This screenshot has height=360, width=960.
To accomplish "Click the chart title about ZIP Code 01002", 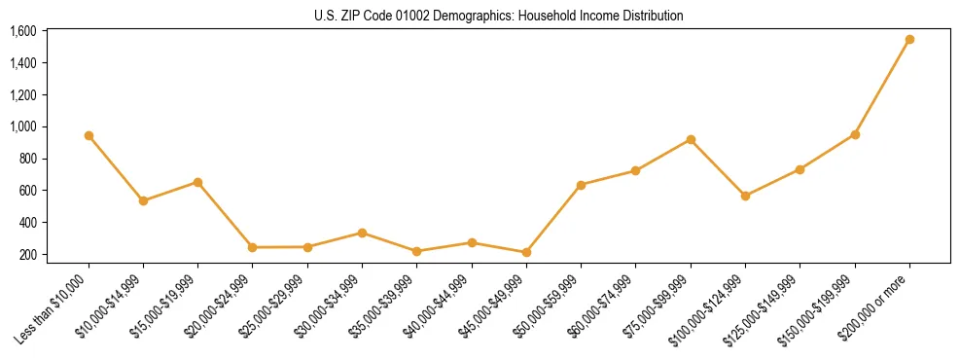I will pyautogui.click(x=499, y=16).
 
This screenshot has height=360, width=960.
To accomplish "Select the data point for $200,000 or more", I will pyautogui.click(x=909, y=40).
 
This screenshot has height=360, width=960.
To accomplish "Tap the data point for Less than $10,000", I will pyautogui.click(x=89, y=136).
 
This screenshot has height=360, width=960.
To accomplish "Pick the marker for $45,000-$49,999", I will pyautogui.click(x=526, y=253).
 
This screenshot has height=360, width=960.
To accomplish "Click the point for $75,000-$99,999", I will pyautogui.click(x=691, y=140).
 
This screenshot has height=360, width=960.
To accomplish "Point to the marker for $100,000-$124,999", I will pyautogui.click(x=745, y=197).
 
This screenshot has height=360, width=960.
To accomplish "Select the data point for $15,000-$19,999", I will pyautogui.click(x=197, y=182).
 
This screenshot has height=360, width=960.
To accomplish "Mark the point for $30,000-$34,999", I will pyautogui.click(x=362, y=234).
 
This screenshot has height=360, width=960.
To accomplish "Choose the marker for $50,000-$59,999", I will pyautogui.click(x=581, y=185).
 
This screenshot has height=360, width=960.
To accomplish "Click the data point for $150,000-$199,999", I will pyautogui.click(x=855, y=134).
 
